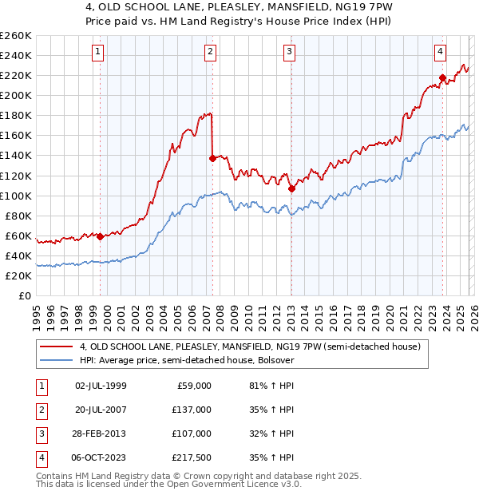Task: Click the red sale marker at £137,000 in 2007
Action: pos(212,158)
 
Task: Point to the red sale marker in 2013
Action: pos(291,188)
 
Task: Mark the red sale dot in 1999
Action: pos(100,236)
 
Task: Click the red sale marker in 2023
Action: pos(442,77)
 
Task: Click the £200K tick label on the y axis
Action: pos(16,95)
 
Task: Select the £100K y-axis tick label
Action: pos(16,196)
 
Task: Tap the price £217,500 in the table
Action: pos(192,457)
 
